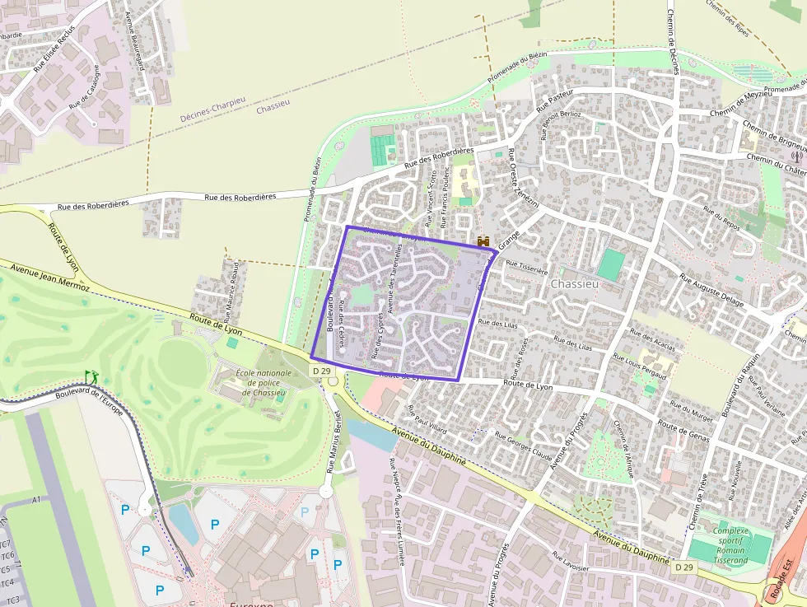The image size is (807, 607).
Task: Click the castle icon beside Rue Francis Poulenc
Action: tap(483, 240)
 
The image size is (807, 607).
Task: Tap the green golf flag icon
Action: tap(91, 376)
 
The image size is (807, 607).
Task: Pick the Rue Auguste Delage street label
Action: tap(711, 292)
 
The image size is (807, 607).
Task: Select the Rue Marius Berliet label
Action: tap(334, 441)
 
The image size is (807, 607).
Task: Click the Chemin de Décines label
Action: tap(672, 37)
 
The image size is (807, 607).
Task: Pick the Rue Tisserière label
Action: tap(526, 267)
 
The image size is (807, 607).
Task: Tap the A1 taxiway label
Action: tap(35, 500)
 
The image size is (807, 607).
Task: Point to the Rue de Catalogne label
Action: tap(86, 89)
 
